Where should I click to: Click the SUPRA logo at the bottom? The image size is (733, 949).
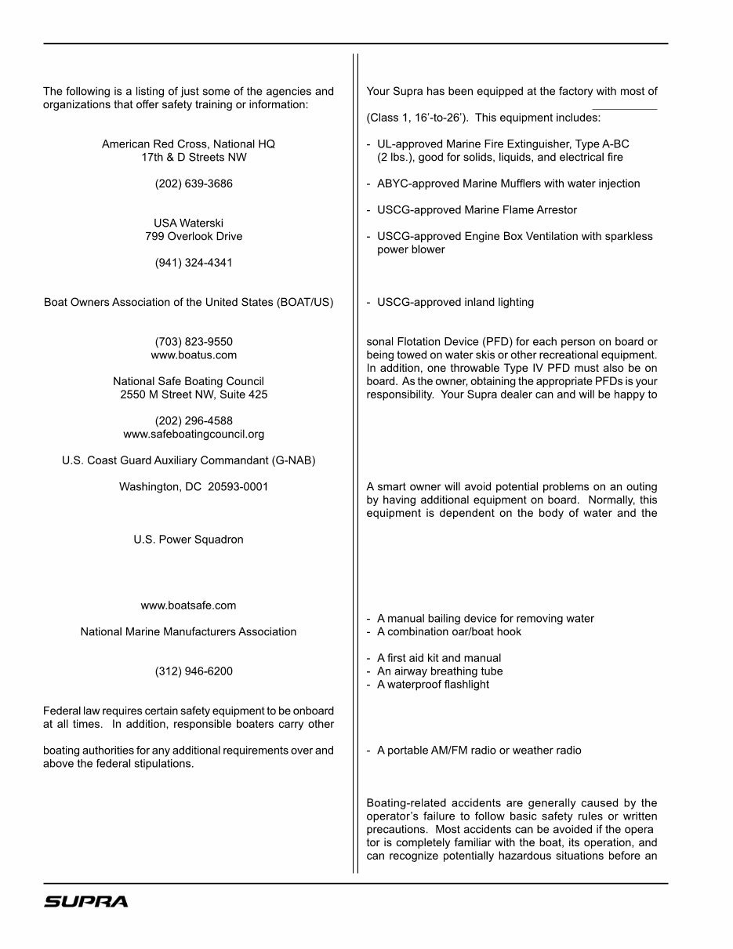click(x=85, y=902)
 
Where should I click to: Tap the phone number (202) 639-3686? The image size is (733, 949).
click(x=194, y=184)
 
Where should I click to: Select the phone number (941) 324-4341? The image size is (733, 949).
click(x=194, y=263)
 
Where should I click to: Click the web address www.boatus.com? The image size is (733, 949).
click(x=194, y=355)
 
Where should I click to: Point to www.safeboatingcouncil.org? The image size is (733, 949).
click(x=194, y=434)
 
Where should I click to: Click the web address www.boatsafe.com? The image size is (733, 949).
click(x=188, y=605)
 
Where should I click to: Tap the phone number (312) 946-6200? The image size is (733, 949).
click(x=194, y=671)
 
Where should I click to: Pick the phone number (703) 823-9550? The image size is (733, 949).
click(x=194, y=342)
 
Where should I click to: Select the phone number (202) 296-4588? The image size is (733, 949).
click(x=194, y=421)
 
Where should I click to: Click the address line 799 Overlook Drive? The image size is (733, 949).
click(x=194, y=236)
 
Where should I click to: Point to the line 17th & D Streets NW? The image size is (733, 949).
click(x=194, y=158)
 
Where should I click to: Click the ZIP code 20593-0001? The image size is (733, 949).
click(x=238, y=487)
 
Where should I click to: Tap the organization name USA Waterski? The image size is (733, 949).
click(x=188, y=224)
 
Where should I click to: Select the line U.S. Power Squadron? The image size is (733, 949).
click(x=188, y=540)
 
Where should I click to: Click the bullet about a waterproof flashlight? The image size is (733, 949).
click(x=433, y=685)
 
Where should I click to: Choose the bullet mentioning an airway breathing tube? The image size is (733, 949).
click(x=440, y=671)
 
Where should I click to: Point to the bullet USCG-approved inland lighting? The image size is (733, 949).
click(x=455, y=303)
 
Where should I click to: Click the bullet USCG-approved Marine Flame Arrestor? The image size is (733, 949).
click(x=477, y=210)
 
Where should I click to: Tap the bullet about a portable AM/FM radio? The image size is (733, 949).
click(x=479, y=751)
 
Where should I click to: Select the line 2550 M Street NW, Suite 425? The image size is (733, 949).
click(x=194, y=395)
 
